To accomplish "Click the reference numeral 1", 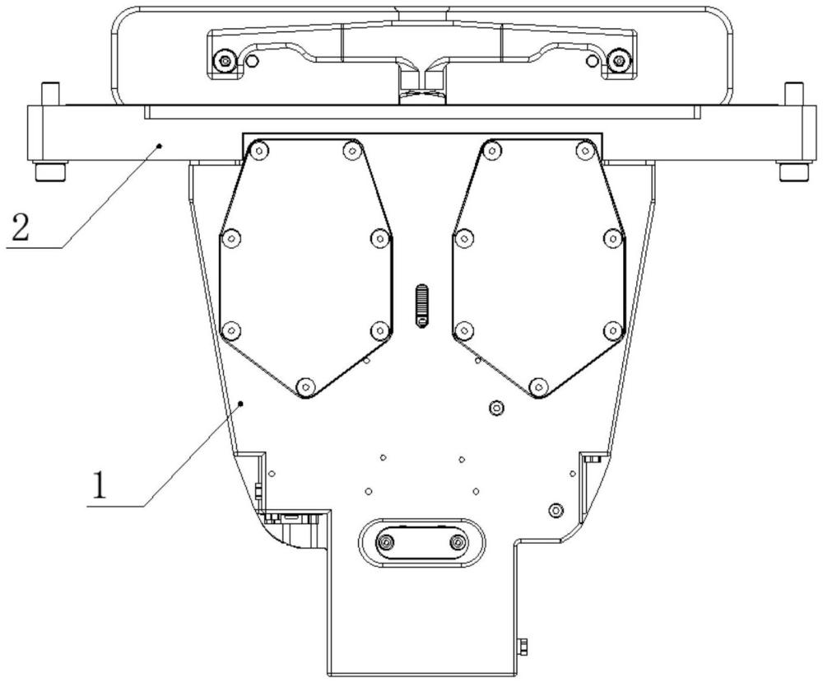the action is click(x=99, y=485).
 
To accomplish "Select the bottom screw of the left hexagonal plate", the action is click(x=305, y=387).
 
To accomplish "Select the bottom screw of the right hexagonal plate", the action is click(x=537, y=387).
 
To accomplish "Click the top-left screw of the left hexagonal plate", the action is click(x=258, y=152).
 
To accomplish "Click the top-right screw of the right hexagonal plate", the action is click(x=584, y=152).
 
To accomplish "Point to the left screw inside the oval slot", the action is click(x=387, y=541).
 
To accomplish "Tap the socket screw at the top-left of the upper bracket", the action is click(x=226, y=60).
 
